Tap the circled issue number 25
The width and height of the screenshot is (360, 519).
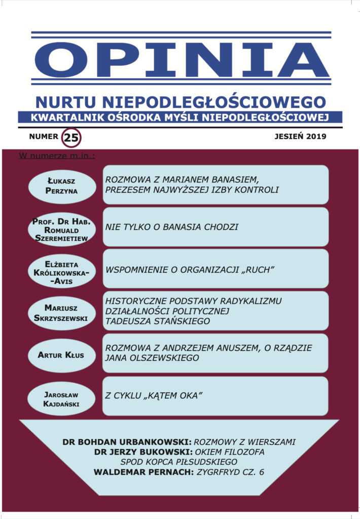[71, 137]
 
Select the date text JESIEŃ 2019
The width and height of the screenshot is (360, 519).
[300, 136]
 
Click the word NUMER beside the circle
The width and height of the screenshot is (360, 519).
[44, 136]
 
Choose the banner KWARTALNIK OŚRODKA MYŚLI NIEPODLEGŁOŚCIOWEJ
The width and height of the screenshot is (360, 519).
[181, 118]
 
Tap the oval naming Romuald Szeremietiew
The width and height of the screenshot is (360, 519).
[61, 229]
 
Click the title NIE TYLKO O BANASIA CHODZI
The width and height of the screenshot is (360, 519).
[172, 227]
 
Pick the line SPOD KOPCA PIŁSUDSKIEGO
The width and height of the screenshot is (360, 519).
[179, 462]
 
